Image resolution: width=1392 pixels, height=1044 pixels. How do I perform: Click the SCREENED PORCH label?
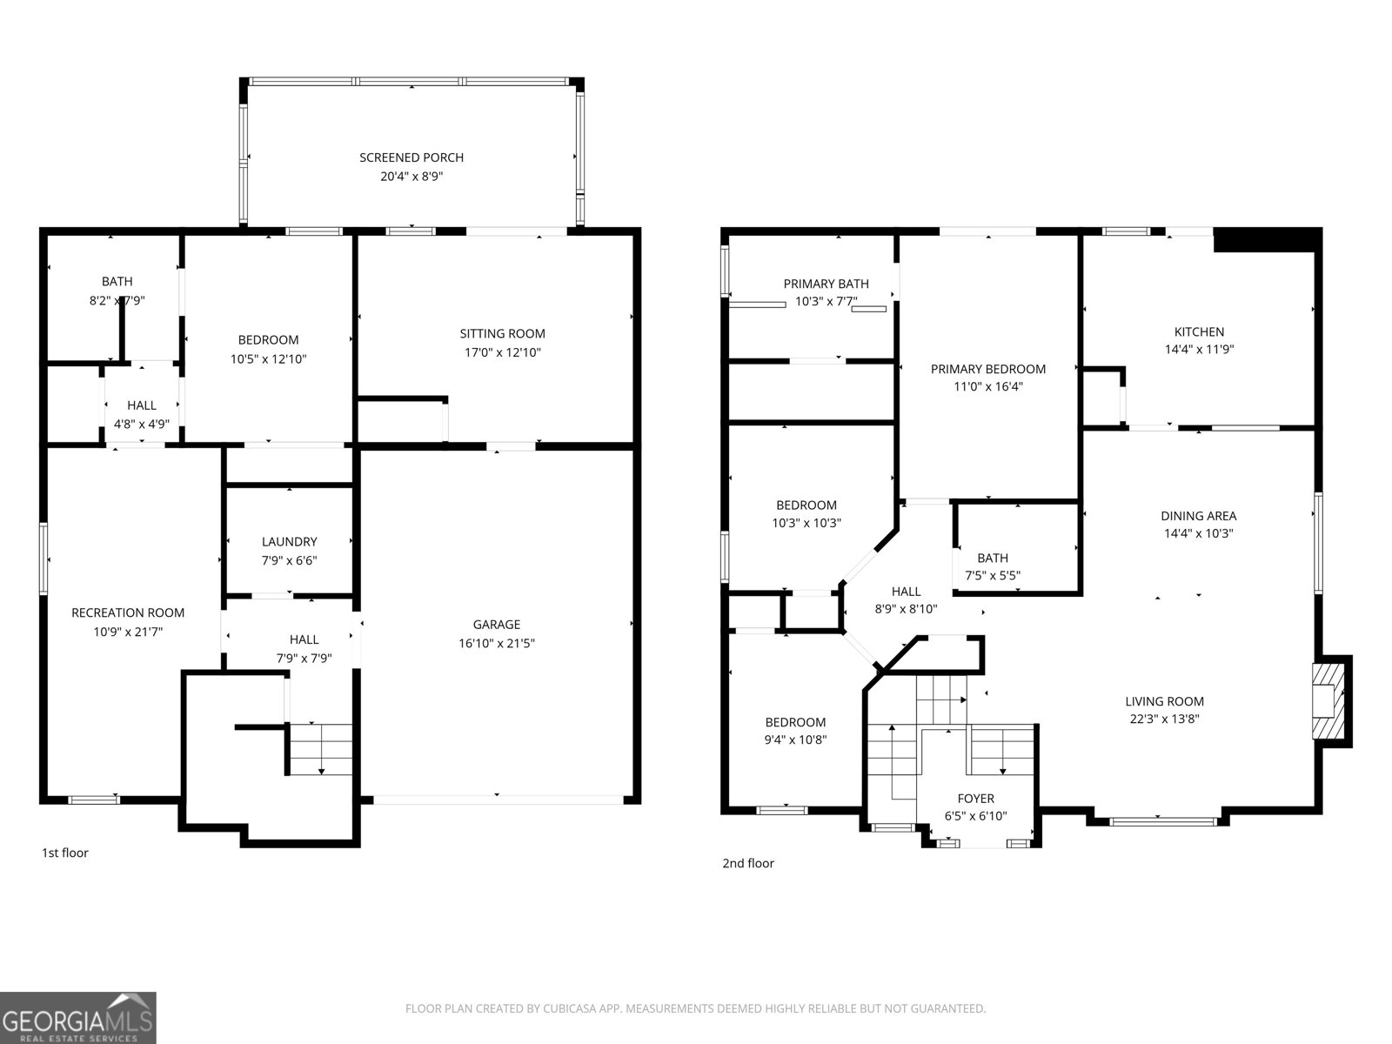[x=412, y=157]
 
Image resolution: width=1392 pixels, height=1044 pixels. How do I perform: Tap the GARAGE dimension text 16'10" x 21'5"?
[x=497, y=644]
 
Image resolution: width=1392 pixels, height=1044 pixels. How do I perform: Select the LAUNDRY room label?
[x=289, y=541]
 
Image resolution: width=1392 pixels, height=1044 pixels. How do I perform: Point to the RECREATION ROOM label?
[x=128, y=612]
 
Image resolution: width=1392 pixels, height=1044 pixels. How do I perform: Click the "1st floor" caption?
[x=65, y=853]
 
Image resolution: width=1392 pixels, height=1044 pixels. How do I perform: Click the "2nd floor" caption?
[x=748, y=863]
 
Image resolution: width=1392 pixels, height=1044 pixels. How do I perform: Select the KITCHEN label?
[x=1199, y=331]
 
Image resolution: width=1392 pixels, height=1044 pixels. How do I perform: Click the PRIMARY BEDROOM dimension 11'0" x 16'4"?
[x=988, y=387]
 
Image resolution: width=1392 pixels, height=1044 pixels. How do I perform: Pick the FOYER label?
[x=975, y=799]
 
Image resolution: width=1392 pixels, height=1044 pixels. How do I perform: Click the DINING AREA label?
[x=1198, y=515]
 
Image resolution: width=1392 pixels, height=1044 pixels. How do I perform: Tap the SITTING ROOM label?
[x=502, y=333]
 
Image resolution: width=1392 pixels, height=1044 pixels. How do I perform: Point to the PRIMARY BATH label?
[x=826, y=284]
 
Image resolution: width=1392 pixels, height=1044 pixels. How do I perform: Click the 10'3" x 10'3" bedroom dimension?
[x=806, y=523]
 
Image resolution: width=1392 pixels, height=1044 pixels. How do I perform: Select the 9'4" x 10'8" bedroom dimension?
[x=795, y=740]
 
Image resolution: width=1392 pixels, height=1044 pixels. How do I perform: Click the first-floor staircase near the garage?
[x=320, y=748]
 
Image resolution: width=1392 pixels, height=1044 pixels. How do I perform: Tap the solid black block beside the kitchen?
[x=1266, y=239]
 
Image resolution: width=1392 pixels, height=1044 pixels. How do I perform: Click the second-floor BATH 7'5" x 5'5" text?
[x=993, y=575]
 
